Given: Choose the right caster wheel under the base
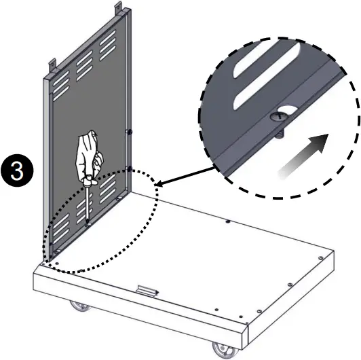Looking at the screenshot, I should tap(221, 350).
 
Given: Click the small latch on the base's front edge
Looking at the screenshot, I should tap(146, 291).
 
